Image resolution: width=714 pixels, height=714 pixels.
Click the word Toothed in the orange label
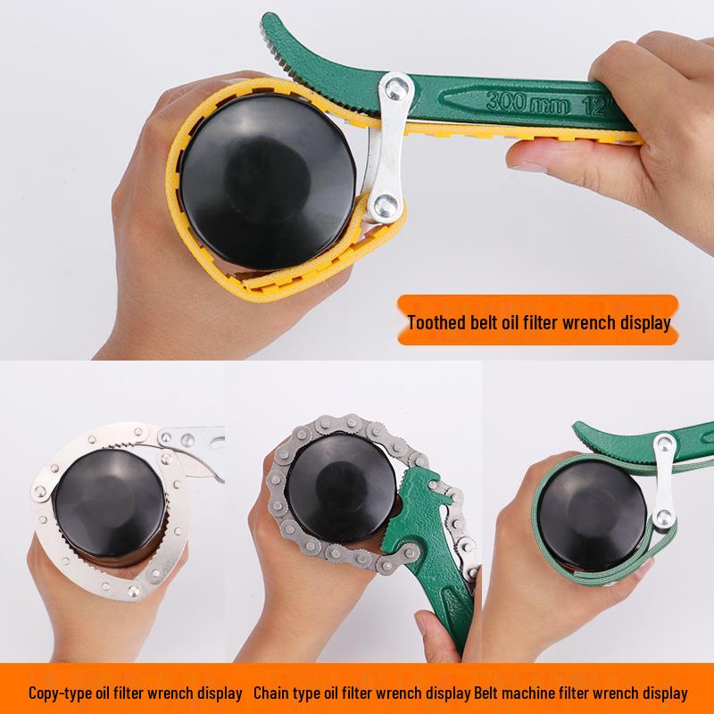pos(436,322)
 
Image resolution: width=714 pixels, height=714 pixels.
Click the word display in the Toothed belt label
pos(644,322)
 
